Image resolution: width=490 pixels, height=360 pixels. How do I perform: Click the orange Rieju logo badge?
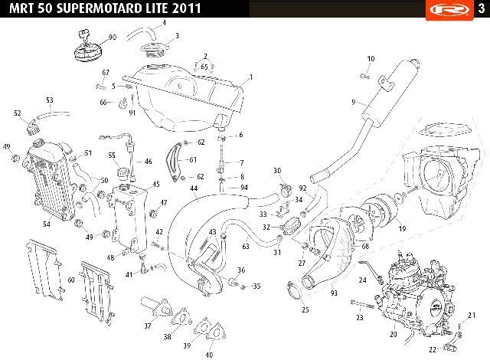pyautogui.click(x=449, y=10)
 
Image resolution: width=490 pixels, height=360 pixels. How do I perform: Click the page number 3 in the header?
pyautogui.click(x=482, y=8)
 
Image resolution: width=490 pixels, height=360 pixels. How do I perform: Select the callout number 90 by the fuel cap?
pyautogui.click(x=113, y=38)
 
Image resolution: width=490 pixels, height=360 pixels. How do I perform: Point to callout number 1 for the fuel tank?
pyautogui.click(x=250, y=77)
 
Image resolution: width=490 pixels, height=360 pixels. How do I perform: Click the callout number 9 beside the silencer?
pyautogui.click(x=354, y=102)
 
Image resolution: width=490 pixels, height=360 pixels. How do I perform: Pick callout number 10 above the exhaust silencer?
pyautogui.click(x=371, y=59)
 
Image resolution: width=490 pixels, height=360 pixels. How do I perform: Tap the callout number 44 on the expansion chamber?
pyautogui.click(x=194, y=188)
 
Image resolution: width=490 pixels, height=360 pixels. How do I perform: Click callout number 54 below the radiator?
pyautogui.click(x=46, y=224)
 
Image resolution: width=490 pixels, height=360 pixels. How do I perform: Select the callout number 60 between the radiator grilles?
pyautogui.click(x=71, y=280)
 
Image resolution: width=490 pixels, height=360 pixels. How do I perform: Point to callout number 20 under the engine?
pyautogui.click(x=393, y=334)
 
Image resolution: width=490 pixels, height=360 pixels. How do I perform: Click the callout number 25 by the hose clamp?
pyautogui.click(x=305, y=309)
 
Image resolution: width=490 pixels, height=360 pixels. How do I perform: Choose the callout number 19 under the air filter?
pyautogui.click(x=402, y=228)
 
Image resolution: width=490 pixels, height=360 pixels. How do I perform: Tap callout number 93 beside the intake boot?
pyautogui.click(x=334, y=293)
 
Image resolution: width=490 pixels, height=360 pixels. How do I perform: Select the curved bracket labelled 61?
pyautogui.click(x=174, y=162)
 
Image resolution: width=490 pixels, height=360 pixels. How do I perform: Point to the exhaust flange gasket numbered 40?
pyautogui.click(x=214, y=332)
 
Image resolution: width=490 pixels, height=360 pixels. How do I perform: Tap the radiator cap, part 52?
pyautogui.click(x=31, y=127)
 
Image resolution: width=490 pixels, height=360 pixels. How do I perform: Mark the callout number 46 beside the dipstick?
pyautogui.click(x=148, y=162)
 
